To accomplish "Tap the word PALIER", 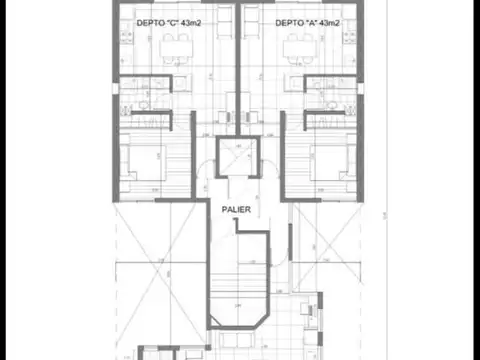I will (x=236, y=210).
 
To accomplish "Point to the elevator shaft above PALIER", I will (x=237, y=158).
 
